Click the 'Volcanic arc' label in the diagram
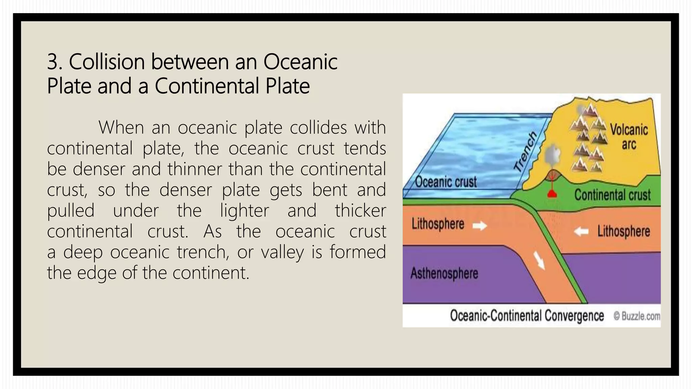[628, 137]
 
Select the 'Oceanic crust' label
[446, 182]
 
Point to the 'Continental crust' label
[612, 195]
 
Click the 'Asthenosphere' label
[444, 273]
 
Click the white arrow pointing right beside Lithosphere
[479, 225]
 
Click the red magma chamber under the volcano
[552, 193]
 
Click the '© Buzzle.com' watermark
[637, 316]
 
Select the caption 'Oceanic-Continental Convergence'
[527, 316]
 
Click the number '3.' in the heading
[55, 62]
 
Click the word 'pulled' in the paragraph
[71, 211]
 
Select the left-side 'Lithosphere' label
[438, 224]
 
